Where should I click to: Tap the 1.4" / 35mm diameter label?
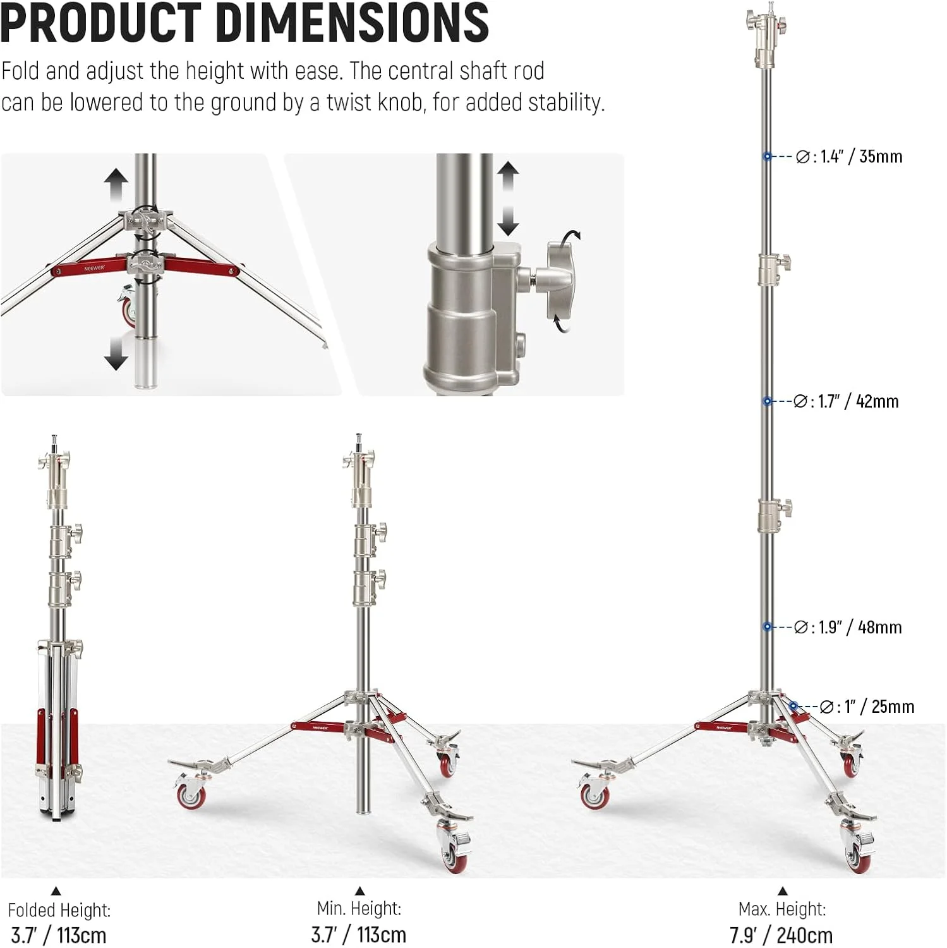click(x=848, y=157)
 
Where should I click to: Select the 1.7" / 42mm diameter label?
click(x=845, y=401)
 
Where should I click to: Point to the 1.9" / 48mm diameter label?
click(x=847, y=627)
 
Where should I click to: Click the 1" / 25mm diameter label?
click(x=866, y=707)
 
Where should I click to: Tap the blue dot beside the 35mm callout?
click(x=767, y=156)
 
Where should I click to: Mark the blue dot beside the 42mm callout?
click(x=767, y=401)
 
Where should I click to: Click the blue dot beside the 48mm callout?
click(x=767, y=626)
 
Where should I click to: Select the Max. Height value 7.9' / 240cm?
click(x=781, y=935)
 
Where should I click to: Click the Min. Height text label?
click(x=359, y=909)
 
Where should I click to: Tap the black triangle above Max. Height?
click(x=783, y=891)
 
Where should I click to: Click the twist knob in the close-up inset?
click(x=561, y=281)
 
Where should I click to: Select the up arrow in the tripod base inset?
click(x=116, y=185)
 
